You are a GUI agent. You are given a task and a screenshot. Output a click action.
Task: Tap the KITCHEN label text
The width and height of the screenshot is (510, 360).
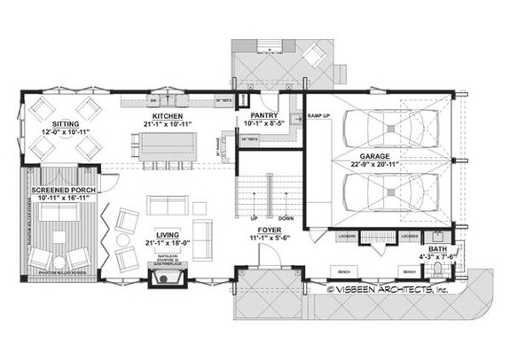(167, 115)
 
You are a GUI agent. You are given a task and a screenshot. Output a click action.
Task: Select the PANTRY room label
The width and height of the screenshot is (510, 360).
(266, 115)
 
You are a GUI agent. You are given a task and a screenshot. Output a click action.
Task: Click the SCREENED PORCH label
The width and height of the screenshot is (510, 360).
(64, 190)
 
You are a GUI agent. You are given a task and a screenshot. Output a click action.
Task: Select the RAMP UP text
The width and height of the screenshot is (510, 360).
(318, 115)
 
